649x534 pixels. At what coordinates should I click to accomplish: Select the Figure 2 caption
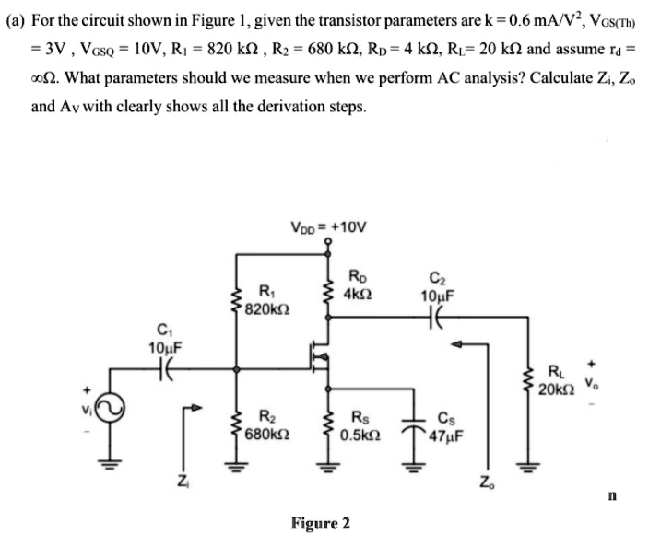tap(320, 523)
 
